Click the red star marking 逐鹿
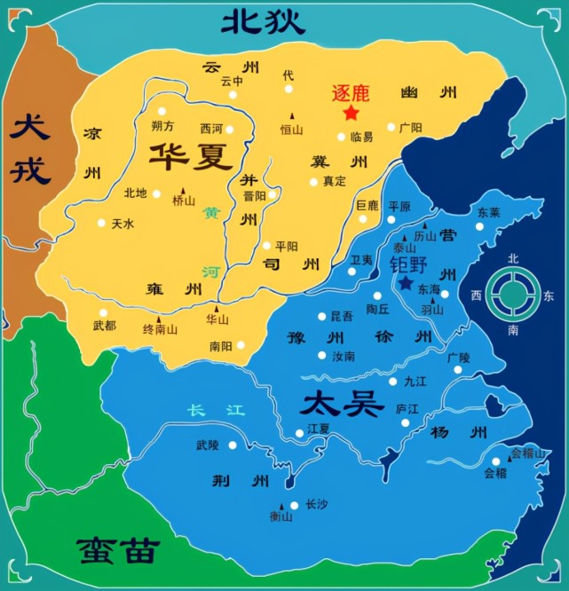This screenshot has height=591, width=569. (x=351, y=113)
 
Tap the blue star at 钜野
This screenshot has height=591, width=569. (x=406, y=283)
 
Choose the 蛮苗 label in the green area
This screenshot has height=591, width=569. (x=117, y=550)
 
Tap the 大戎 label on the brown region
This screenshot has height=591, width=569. (x=30, y=146)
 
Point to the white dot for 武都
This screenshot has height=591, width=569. (x=104, y=312)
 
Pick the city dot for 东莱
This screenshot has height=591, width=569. (x=479, y=226)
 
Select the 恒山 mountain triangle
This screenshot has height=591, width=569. (x=291, y=115)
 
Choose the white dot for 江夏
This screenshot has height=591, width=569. (x=299, y=433)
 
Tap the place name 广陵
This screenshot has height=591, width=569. (x=459, y=357)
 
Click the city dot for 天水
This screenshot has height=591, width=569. (x=102, y=224)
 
